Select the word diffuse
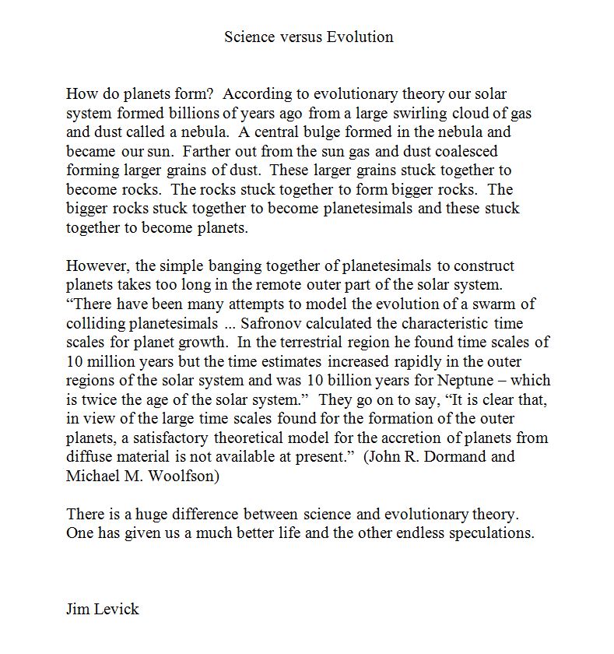click(89, 456)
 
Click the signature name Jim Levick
click(103, 609)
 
